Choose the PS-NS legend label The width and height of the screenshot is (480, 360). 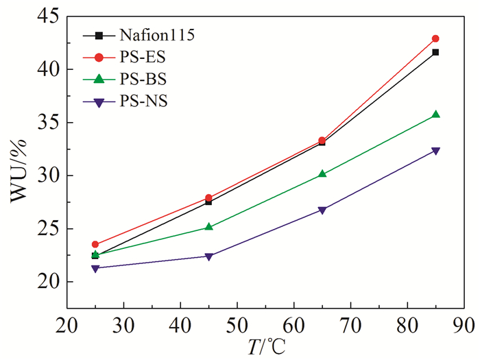click(143, 101)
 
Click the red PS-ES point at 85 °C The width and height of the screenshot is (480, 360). click(435, 38)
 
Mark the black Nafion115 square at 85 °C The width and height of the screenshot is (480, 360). click(435, 52)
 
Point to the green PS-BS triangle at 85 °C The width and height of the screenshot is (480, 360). click(435, 115)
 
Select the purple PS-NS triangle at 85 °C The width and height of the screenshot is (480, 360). click(435, 151)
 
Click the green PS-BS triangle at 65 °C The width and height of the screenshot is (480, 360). click(322, 174)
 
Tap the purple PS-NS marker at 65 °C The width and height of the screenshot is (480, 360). click(322, 210)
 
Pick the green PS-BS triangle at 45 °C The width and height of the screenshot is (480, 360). click(209, 226)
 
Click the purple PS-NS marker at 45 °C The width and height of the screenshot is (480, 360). click(209, 256)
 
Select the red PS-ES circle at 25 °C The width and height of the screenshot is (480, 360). click(95, 244)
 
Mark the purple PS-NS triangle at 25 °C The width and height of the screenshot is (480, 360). click(95, 268)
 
